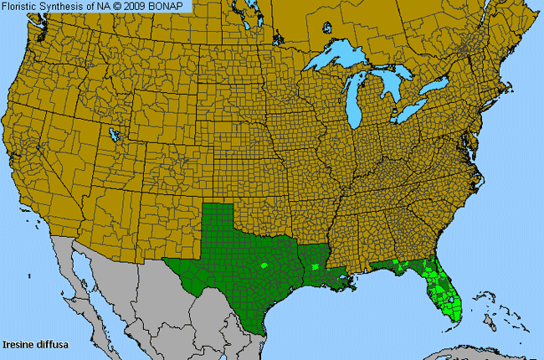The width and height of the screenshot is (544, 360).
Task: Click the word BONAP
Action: click(x=175, y=6)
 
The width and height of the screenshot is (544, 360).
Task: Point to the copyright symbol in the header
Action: click(x=122, y=6)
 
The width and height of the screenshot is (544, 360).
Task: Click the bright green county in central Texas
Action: click(x=264, y=265)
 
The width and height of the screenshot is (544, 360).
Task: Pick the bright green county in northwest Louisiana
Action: click(x=315, y=267)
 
